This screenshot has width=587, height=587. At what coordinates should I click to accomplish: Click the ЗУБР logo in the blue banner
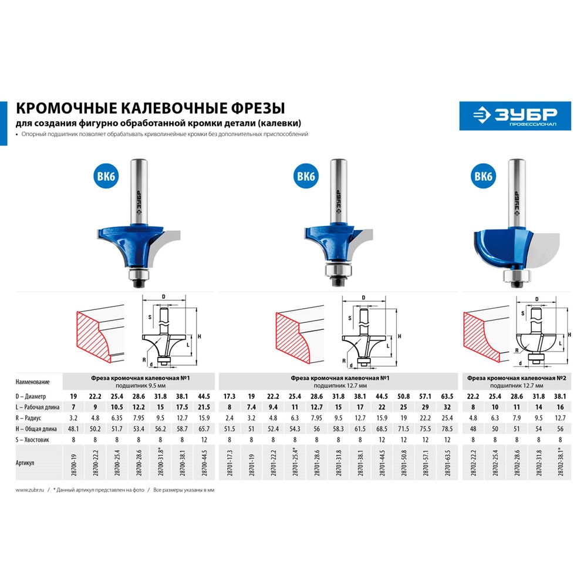coord(515,116)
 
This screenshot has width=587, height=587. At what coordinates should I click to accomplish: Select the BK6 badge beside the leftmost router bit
coord(106,176)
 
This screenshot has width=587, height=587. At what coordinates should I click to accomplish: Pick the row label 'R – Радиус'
coord(28,418)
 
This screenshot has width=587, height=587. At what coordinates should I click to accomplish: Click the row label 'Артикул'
coord(25,463)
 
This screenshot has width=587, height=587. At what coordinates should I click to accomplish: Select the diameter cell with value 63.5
coord(447,396)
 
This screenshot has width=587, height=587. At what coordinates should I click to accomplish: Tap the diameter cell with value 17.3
coord(230,396)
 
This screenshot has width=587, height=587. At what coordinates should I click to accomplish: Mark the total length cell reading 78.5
coord(447,429)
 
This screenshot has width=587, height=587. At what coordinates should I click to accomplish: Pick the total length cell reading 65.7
coord(204,429)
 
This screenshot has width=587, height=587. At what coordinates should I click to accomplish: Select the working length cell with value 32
coord(447,407)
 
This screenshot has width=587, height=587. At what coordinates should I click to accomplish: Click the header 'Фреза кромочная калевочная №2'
coord(517,378)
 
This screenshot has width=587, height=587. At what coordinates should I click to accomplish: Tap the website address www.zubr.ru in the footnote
coord(30,490)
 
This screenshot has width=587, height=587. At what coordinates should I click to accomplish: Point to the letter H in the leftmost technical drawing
coord(200,336)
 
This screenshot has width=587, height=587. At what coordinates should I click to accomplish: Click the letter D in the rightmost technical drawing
coord(537,299)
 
